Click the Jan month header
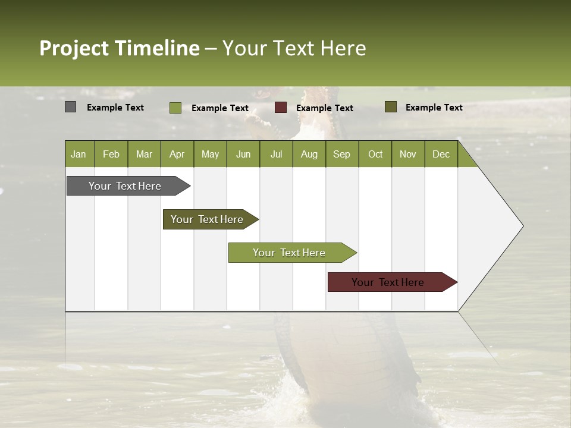79,154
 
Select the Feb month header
111,154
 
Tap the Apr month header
177,154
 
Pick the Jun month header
243,154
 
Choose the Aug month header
309,154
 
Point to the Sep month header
341,154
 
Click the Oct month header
375,154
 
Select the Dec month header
441,154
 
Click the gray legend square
70,107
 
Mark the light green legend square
175,108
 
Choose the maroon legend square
281,108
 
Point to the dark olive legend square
391,107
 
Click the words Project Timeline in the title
119,48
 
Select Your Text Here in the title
294,48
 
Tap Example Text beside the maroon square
324,108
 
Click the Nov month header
407,154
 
